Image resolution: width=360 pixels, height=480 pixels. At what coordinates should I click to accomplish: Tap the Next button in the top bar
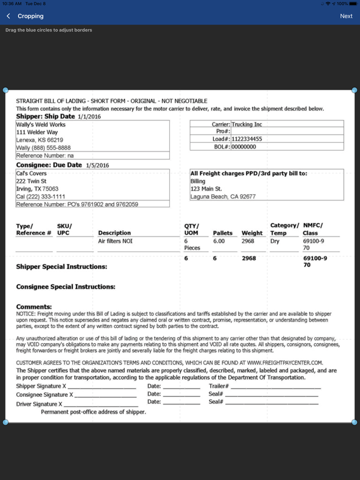pyautogui.click(x=346, y=16)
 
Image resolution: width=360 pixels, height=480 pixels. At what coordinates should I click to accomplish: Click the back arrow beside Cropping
pyautogui.click(x=8, y=16)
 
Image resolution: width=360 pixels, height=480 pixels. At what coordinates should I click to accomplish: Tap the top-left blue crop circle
pyautogui.click(x=6, y=90)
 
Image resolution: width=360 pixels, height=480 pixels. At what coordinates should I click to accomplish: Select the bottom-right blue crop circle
pyautogui.click(x=354, y=422)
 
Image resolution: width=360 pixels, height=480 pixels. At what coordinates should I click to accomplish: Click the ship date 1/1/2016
pyautogui.click(x=89, y=117)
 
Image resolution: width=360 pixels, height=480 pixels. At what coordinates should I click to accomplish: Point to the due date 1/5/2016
pyautogui.click(x=97, y=165)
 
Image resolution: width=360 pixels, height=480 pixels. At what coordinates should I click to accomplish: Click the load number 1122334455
pyautogui.click(x=247, y=139)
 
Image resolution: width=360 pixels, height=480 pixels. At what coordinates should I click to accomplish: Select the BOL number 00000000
pyautogui.click(x=243, y=146)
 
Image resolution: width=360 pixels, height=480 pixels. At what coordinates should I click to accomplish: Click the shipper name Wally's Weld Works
pyautogui.click(x=41, y=124)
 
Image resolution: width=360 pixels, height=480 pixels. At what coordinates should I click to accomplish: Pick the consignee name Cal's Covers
pyautogui.click(x=31, y=173)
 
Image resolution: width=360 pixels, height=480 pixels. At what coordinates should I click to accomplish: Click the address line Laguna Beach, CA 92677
pyautogui.click(x=222, y=196)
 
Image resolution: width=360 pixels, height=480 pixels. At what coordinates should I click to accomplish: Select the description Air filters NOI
pyautogui.click(x=115, y=241)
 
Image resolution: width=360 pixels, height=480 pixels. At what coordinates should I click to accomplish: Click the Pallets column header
pyautogui.click(x=223, y=233)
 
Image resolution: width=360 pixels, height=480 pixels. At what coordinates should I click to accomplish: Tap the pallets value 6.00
pyautogui.click(x=219, y=241)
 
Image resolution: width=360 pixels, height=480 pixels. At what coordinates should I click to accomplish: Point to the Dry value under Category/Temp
pyautogui.click(x=275, y=241)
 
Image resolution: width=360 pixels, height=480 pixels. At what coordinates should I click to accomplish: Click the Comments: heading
pyautogui.click(x=34, y=307)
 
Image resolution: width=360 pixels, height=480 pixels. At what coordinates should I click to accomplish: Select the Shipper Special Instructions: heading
pyautogui.click(x=62, y=267)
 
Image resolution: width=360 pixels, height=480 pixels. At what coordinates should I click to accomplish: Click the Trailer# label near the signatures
pyautogui.click(x=219, y=386)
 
